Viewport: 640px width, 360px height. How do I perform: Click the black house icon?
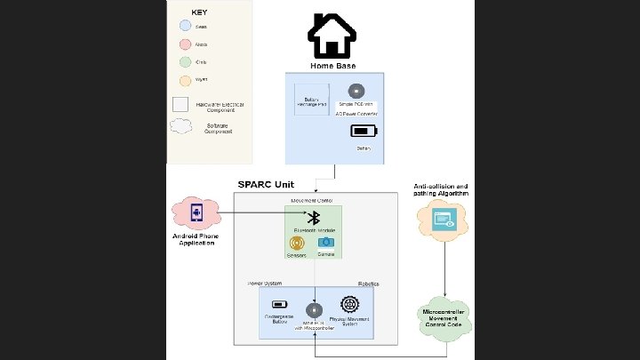click(332, 36)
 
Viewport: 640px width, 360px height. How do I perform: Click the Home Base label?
click(332, 66)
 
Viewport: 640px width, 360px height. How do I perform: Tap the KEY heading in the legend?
click(201, 13)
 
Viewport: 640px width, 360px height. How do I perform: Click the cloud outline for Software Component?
click(181, 126)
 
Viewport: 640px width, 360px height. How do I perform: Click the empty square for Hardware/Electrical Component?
click(180, 104)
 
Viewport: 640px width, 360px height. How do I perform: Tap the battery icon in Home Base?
click(364, 132)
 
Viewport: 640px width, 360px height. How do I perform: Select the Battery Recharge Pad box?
click(311, 101)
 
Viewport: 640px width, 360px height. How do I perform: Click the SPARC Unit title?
click(266, 185)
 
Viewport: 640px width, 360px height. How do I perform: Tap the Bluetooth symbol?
click(312, 217)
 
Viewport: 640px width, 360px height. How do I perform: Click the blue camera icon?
click(326, 242)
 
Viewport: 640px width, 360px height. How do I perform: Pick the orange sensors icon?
click(297, 243)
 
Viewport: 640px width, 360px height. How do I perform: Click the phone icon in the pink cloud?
click(196, 213)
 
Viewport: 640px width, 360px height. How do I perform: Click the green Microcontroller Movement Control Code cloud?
click(444, 317)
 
